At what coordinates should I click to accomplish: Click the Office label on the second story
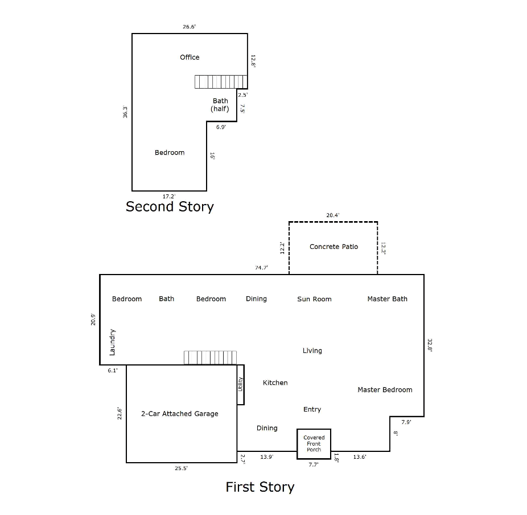coord(190,57)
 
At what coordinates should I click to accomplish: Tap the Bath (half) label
coord(220,105)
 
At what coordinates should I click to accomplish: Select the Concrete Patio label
coord(334,247)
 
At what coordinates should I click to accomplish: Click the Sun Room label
coord(314,299)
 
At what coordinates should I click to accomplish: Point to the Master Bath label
coord(387,299)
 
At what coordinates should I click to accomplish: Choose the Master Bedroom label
coord(385,390)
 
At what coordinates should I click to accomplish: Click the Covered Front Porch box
coord(314,444)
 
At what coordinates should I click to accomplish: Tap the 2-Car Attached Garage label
coord(179,414)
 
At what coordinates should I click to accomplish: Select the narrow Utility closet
coord(241,385)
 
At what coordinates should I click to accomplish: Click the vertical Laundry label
coord(113,342)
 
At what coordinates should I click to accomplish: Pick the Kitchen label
coord(275,383)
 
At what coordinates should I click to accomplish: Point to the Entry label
coord(312,409)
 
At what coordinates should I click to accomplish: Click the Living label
coord(312,351)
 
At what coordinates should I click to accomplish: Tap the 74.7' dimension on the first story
coord(261,267)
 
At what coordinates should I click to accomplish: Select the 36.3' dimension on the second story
coord(125,112)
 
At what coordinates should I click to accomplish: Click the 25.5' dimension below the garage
coord(181,468)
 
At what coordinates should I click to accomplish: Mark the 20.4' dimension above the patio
coord(333,215)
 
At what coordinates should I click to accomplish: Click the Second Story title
coord(170,206)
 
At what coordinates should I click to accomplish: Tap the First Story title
coord(260,487)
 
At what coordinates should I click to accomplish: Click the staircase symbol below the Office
coord(221,82)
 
